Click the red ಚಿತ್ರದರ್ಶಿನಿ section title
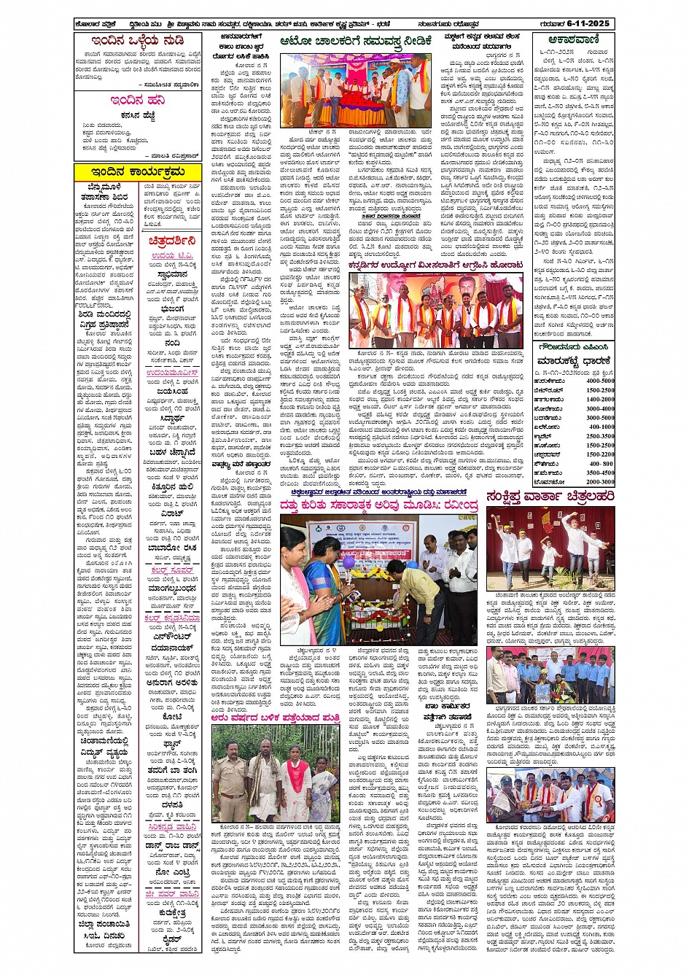[172, 240]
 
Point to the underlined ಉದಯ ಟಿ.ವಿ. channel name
[172, 256]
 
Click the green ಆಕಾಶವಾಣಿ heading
[574, 41]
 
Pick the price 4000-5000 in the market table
[599, 381]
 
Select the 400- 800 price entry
[602, 464]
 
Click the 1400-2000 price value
[599, 400]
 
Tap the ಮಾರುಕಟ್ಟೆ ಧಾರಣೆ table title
[573, 361]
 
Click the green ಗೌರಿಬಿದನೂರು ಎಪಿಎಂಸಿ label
[574, 347]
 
